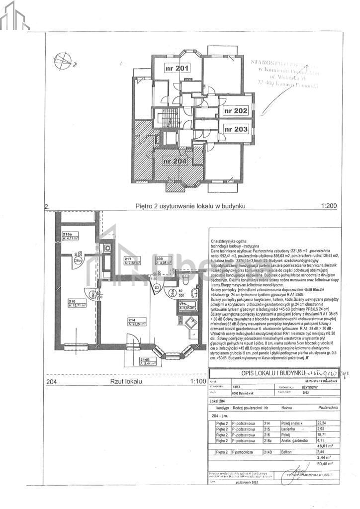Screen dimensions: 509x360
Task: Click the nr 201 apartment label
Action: pos(177,68)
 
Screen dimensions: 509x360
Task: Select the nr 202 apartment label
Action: pos(235,111)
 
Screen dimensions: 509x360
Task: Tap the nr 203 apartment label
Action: pos(235,129)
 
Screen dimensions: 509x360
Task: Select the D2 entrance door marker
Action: pos(157,287)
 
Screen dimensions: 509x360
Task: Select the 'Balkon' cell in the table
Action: pos(287,452)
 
